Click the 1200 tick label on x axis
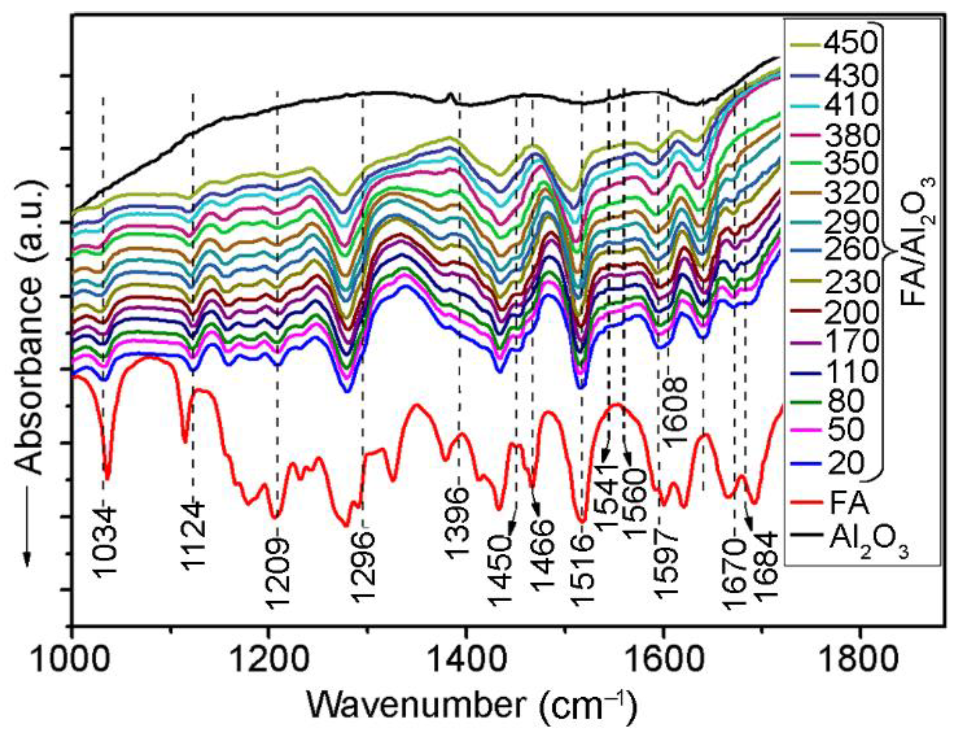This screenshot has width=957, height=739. (x=269, y=659)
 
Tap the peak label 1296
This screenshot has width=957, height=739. (x=364, y=567)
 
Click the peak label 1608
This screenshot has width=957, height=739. (x=675, y=412)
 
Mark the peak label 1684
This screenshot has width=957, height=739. (x=766, y=567)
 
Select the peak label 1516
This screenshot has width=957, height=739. (x=582, y=570)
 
